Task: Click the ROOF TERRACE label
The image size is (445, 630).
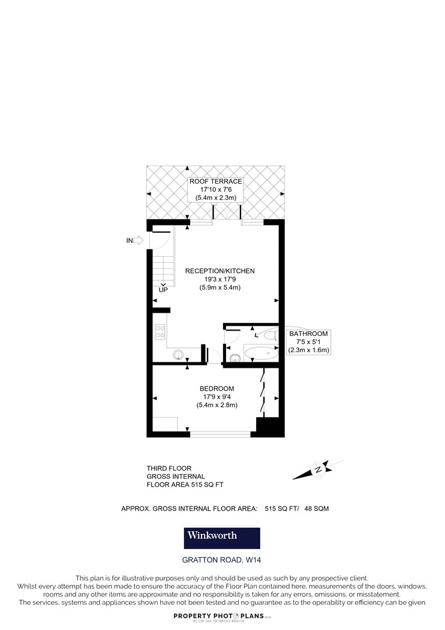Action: coord(216,182)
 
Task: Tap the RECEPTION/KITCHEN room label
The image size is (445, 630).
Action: coord(220,271)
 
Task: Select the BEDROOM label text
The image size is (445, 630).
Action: coord(217,389)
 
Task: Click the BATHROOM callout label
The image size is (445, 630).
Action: coord(308,334)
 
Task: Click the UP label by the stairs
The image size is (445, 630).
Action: coord(163,290)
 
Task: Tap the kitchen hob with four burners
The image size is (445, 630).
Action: coord(160,332)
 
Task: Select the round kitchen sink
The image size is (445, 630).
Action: coord(178,355)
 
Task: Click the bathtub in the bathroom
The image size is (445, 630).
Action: coord(261,354)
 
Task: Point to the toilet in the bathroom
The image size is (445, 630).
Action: coord(270,334)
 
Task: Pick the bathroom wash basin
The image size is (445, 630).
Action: coord(234,357)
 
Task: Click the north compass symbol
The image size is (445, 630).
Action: coord(318,469)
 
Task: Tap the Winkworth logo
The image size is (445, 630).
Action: coord(222,538)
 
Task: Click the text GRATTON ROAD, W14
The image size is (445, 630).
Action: coord(222,560)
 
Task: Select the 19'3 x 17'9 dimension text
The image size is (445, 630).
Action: coord(220,279)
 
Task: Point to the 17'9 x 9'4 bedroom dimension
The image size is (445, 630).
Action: coord(217,397)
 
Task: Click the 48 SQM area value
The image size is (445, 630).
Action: coord(317,508)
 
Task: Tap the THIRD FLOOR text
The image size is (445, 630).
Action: coord(169,468)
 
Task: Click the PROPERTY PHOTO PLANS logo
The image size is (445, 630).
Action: coord(222,617)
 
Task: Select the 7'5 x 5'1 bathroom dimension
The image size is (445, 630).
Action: coord(308,341)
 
